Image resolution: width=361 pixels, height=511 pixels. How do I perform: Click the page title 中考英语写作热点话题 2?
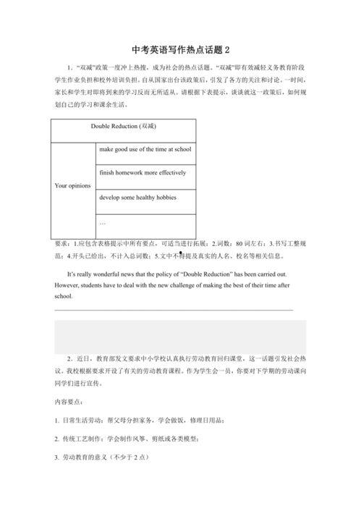point(180,50)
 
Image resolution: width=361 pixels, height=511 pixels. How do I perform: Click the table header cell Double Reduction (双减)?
point(124,126)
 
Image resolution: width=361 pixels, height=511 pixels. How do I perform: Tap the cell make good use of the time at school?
point(145,149)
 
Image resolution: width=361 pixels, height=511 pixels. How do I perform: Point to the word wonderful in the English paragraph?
point(103,275)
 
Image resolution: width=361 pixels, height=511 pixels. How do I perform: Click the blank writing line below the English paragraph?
point(174,311)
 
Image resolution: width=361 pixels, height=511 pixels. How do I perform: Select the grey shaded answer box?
point(180,337)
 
